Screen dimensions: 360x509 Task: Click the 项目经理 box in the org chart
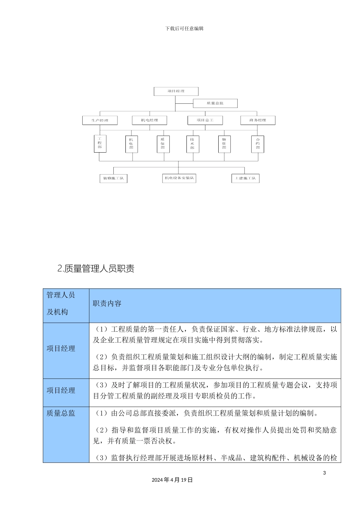tap(176, 91)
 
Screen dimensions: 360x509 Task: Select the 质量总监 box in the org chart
tap(215, 103)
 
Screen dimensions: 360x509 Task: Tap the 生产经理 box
tap(100, 120)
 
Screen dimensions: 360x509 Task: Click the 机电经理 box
tap(150, 120)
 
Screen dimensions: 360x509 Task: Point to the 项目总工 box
tap(205, 120)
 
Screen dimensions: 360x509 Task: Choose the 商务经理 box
tap(258, 120)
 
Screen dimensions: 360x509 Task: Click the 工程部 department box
tap(100, 144)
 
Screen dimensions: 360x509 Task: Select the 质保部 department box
tap(163, 144)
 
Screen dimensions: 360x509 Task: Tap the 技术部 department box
tap(193, 144)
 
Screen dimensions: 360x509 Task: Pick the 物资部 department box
tap(224, 144)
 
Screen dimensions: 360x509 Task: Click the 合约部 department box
tap(258, 144)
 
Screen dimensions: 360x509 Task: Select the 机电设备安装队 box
tap(179, 178)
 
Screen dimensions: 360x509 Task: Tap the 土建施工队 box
tap(246, 178)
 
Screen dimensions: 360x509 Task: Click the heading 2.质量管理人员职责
tap(96, 269)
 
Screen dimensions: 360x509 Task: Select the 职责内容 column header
tap(107, 304)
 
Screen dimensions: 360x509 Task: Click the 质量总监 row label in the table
tap(61, 413)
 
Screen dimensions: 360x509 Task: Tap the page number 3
tap(324, 473)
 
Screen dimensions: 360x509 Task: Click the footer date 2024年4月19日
tap(172, 480)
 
